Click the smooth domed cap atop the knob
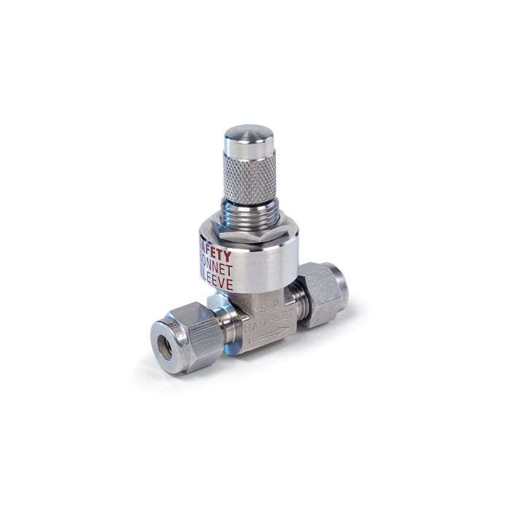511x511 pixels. tap(249, 139)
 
